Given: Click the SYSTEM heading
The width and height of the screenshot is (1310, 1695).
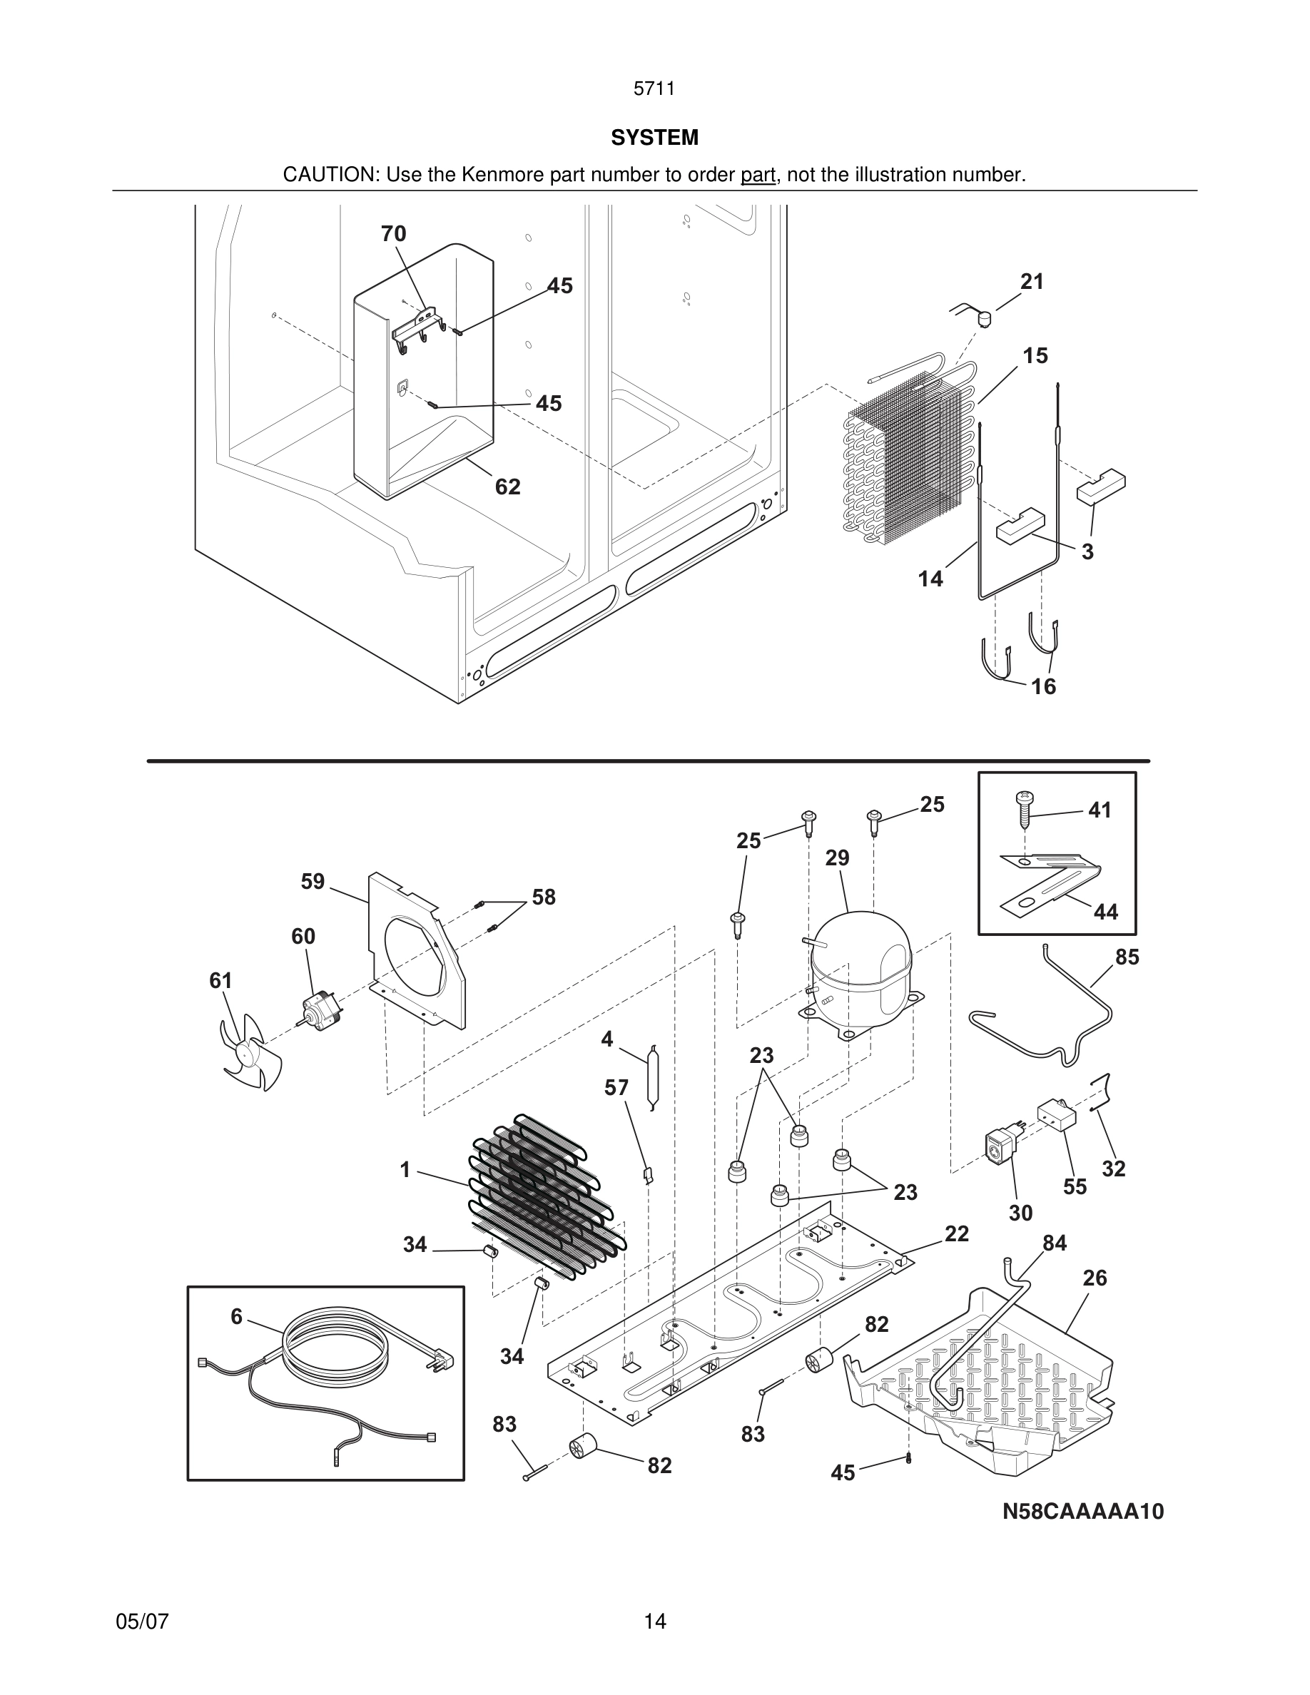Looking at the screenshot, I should pyautogui.click(x=654, y=138).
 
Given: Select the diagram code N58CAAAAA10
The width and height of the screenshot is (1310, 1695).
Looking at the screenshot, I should pyautogui.click(x=1082, y=1511).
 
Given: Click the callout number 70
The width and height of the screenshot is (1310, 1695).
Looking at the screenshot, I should pyautogui.click(x=393, y=233).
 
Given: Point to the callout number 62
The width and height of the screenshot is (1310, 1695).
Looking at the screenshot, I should pyautogui.click(x=507, y=487).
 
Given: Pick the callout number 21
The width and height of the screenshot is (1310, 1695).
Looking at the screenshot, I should pyautogui.click(x=1032, y=282).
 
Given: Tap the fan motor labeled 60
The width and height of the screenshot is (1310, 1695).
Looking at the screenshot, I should pyautogui.click(x=320, y=1007).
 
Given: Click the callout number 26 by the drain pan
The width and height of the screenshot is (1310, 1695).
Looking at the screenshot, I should pyautogui.click(x=1095, y=1278).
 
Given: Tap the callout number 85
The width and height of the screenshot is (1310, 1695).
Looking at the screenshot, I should pyautogui.click(x=1127, y=957).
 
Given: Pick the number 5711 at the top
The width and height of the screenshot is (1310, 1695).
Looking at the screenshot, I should pyautogui.click(x=654, y=88).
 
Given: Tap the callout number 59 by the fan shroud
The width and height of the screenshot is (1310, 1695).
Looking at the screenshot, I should pyautogui.click(x=313, y=882).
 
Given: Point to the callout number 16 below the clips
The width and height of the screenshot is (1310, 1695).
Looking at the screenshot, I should pyautogui.click(x=1043, y=686).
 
